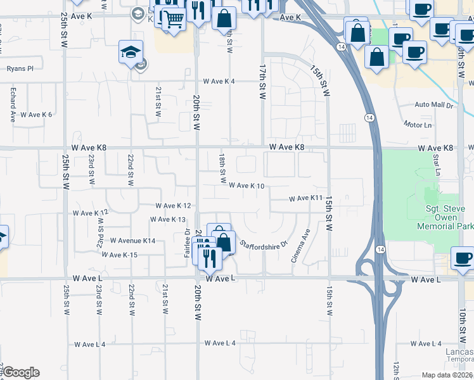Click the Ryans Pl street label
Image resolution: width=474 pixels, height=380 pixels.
pyautogui.click(x=20, y=68)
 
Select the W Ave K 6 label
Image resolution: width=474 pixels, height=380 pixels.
pyautogui.click(x=36, y=115)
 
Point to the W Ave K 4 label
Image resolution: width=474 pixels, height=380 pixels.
pyautogui.click(x=219, y=82)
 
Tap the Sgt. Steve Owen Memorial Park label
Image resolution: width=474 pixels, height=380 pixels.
pyautogui.click(x=441, y=216)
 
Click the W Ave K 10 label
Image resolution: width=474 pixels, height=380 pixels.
pyautogui.click(x=246, y=186)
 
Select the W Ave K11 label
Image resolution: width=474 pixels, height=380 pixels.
pyautogui.click(x=306, y=199)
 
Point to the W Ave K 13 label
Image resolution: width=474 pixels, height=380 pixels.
pyautogui.click(x=167, y=220)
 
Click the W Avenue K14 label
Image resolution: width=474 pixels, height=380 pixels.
pyautogui.click(x=132, y=241)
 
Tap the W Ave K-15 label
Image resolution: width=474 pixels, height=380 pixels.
pyautogui.click(x=119, y=255)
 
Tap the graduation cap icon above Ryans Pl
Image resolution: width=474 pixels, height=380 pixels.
pyautogui.click(x=131, y=51)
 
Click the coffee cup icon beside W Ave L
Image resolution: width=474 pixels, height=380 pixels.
pyautogui.click(x=462, y=258)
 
